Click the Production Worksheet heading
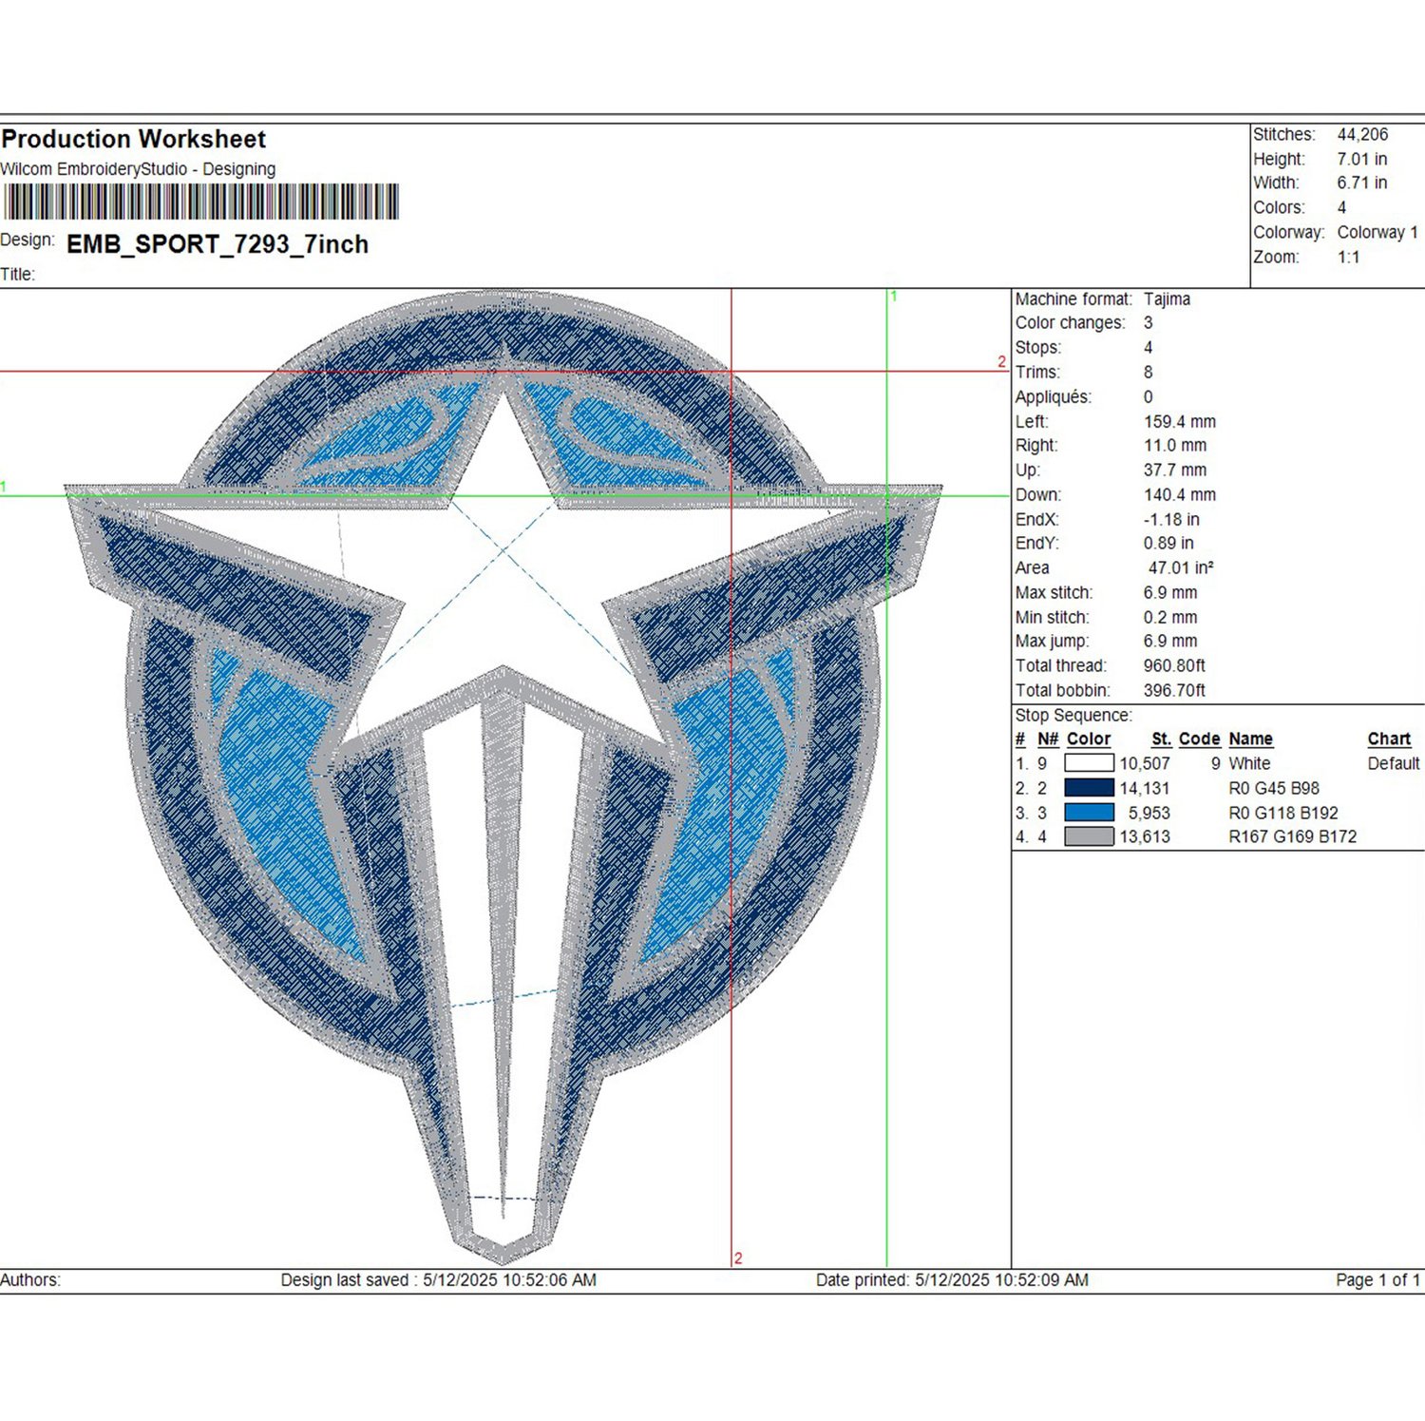coord(133,140)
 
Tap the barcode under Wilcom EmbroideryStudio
coord(200,202)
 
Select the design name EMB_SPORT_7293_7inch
coord(218,244)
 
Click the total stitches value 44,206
coord(1362,135)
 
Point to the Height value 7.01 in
coord(1362,159)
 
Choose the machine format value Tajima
coord(1167,299)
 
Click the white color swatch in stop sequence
coord(1089,763)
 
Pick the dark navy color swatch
coord(1089,788)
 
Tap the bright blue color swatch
coord(1089,813)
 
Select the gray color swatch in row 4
coord(1089,836)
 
